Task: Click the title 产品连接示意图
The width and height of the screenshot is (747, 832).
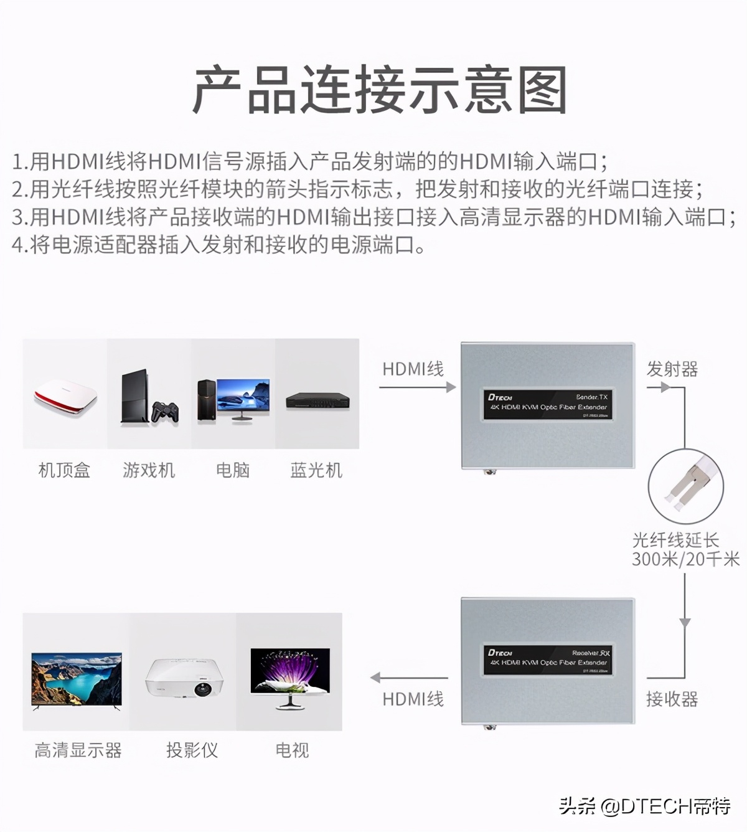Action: coord(379,91)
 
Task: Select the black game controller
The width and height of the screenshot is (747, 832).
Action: coord(165,412)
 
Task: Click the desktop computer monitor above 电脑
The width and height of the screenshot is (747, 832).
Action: coord(243,396)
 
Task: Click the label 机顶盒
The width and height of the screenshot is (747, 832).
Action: coord(64,470)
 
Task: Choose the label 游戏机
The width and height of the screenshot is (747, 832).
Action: coord(149,470)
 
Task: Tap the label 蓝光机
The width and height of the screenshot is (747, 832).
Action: coord(316,470)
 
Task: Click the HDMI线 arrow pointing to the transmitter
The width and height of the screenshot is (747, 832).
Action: coord(417,387)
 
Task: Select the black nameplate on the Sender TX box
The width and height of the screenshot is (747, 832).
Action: coord(547,404)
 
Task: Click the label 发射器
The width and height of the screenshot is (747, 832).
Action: coord(672,369)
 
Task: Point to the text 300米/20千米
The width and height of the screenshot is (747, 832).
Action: coord(685,559)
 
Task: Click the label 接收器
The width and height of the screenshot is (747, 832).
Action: coord(672,699)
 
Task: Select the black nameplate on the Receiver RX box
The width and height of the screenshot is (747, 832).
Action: coord(547,660)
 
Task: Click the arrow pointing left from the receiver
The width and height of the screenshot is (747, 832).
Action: coord(409,678)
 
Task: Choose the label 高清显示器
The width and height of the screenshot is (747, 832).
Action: coord(78,750)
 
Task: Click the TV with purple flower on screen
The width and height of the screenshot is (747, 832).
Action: coord(290,676)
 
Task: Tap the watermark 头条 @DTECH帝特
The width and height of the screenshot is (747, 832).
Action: coord(644,806)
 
